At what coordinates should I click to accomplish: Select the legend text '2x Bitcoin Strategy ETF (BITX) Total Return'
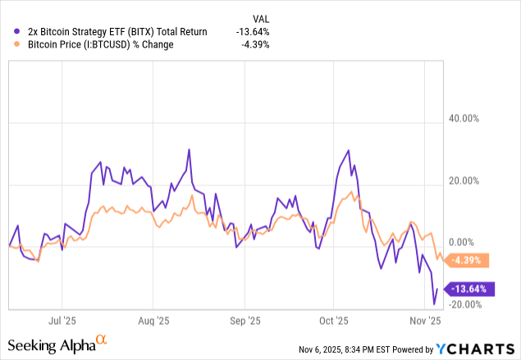(x=111, y=31)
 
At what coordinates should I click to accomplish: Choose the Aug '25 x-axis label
(x=153, y=321)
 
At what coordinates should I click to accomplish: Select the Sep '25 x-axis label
(x=245, y=321)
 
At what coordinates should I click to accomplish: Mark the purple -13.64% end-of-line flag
(x=470, y=289)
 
